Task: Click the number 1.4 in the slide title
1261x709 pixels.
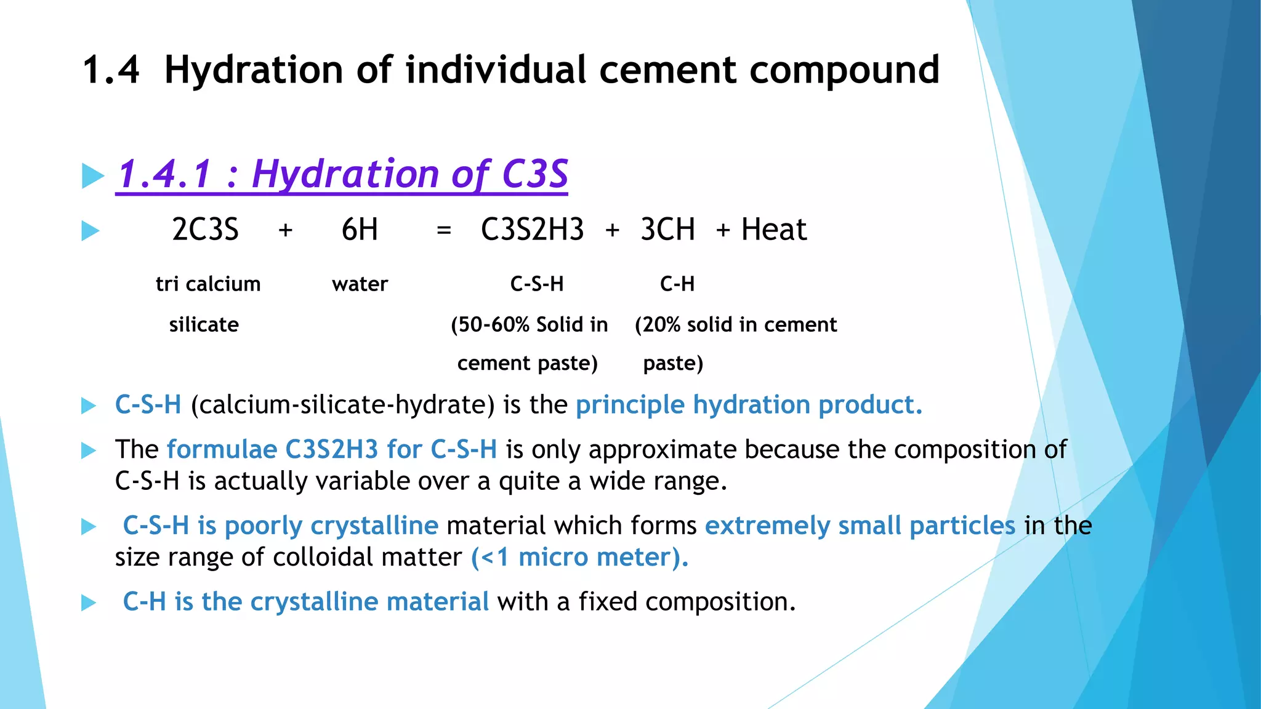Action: click(x=111, y=70)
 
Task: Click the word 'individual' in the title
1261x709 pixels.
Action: click(x=496, y=70)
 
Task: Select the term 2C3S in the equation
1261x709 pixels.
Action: click(x=205, y=230)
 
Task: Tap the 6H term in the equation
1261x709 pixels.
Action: click(x=360, y=230)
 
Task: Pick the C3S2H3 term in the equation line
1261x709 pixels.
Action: click(x=532, y=230)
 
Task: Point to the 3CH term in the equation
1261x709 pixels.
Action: click(x=667, y=230)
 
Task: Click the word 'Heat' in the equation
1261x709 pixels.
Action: click(x=773, y=230)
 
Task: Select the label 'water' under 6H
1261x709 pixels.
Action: click(x=360, y=284)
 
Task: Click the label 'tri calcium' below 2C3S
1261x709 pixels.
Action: click(x=208, y=284)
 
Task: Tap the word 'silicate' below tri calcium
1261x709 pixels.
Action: click(x=204, y=324)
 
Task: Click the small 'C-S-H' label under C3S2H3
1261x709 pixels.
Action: click(x=537, y=284)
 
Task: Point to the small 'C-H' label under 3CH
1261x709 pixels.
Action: click(x=677, y=284)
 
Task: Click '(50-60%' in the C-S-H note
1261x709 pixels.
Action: click(x=490, y=324)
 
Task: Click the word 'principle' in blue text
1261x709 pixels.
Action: click(x=630, y=405)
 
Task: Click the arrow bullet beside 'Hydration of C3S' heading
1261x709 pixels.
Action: click(x=93, y=176)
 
